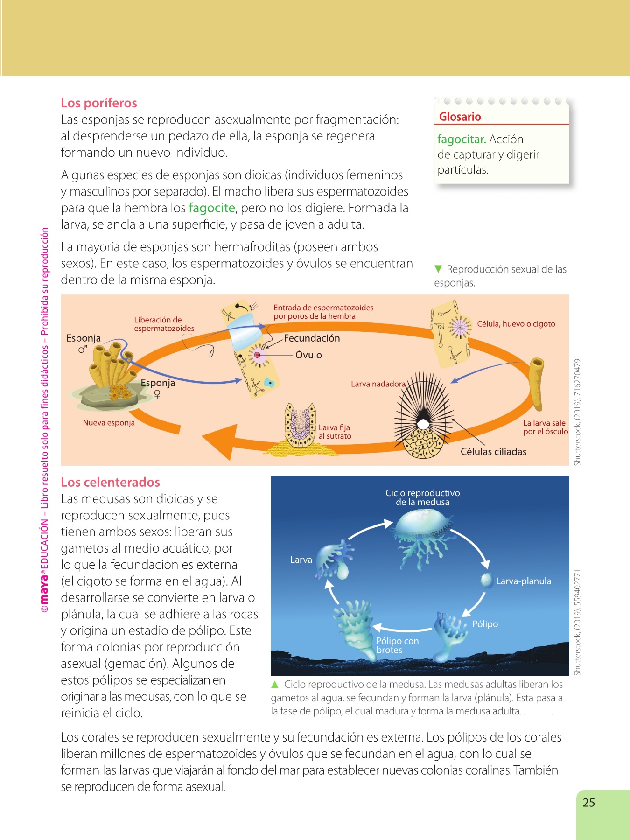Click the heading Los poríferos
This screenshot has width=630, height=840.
point(99,103)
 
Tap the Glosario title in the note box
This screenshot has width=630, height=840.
point(460,117)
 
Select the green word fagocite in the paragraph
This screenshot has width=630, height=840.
point(211,208)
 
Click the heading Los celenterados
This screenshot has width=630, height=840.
point(111,483)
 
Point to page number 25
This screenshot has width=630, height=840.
point(589,803)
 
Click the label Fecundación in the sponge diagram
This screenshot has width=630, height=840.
point(312,338)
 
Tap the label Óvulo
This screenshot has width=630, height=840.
point(308,355)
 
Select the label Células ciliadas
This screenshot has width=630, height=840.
point(493,452)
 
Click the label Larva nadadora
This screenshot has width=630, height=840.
point(378,384)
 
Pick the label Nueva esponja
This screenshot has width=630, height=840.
point(109,423)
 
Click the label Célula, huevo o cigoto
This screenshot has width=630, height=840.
point(516,324)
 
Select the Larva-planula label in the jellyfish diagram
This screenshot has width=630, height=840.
point(523,581)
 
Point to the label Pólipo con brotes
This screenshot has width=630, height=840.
point(397,645)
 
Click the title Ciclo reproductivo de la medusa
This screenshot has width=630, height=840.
point(422,497)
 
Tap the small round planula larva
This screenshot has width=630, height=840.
point(486,580)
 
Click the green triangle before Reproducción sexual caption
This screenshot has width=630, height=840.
point(438,269)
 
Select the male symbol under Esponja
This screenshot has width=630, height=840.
point(83,349)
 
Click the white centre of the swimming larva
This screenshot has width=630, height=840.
point(423,424)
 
